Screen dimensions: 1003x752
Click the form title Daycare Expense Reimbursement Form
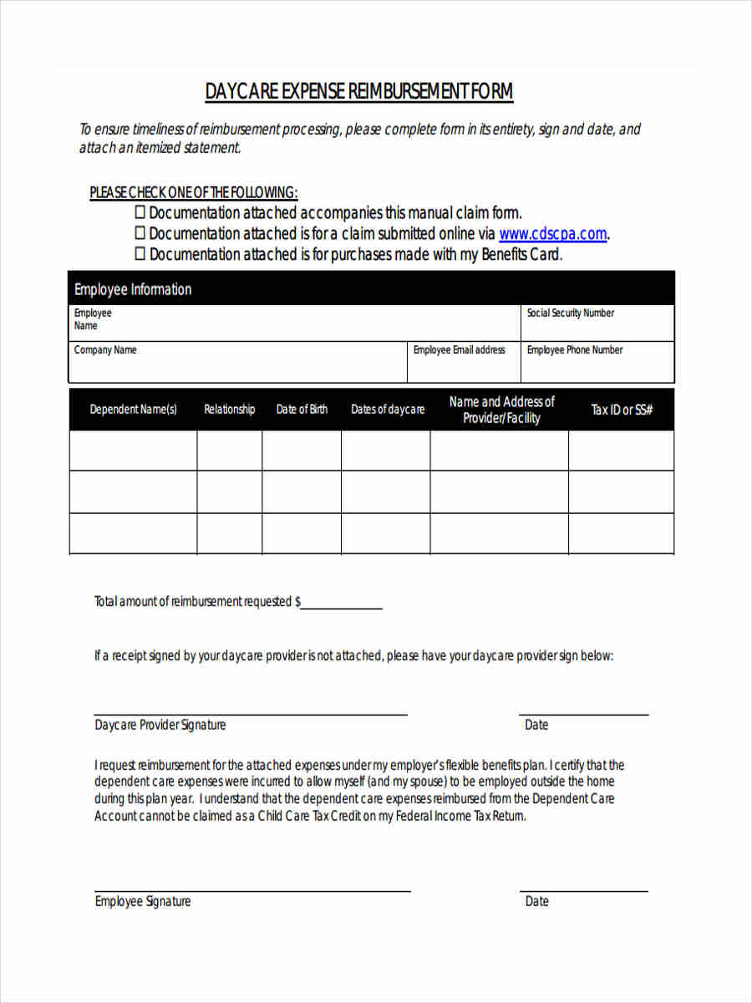pos(359,91)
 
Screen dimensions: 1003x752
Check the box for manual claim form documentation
pos(140,212)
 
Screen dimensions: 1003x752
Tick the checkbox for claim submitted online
pos(140,233)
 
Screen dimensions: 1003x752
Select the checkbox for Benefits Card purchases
pos(140,254)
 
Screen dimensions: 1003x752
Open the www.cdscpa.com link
pos(552,234)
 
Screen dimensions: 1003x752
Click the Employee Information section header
pos(133,289)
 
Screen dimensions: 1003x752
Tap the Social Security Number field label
pos(570,313)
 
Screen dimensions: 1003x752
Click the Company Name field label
pos(105,350)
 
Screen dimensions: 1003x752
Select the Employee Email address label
pos(459,350)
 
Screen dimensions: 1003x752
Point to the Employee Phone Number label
pos(574,350)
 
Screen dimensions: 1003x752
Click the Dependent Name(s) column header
pos(134,410)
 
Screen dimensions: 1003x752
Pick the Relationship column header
pos(230,410)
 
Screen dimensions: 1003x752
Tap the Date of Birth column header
pos(302,410)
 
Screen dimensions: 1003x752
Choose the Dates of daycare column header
pos(387,410)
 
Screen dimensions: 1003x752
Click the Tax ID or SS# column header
pos(622,410)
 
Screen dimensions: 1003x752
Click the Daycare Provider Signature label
pos(160,725)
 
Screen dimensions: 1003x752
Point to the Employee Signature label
pos(143,901)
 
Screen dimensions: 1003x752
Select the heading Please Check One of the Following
pos(194,192)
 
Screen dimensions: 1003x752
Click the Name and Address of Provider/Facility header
pos(501,410)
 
